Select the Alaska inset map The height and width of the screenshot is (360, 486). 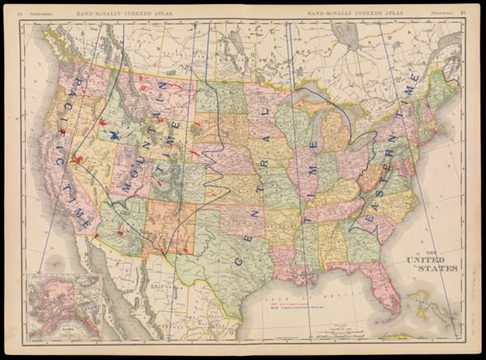coord(64,306)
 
